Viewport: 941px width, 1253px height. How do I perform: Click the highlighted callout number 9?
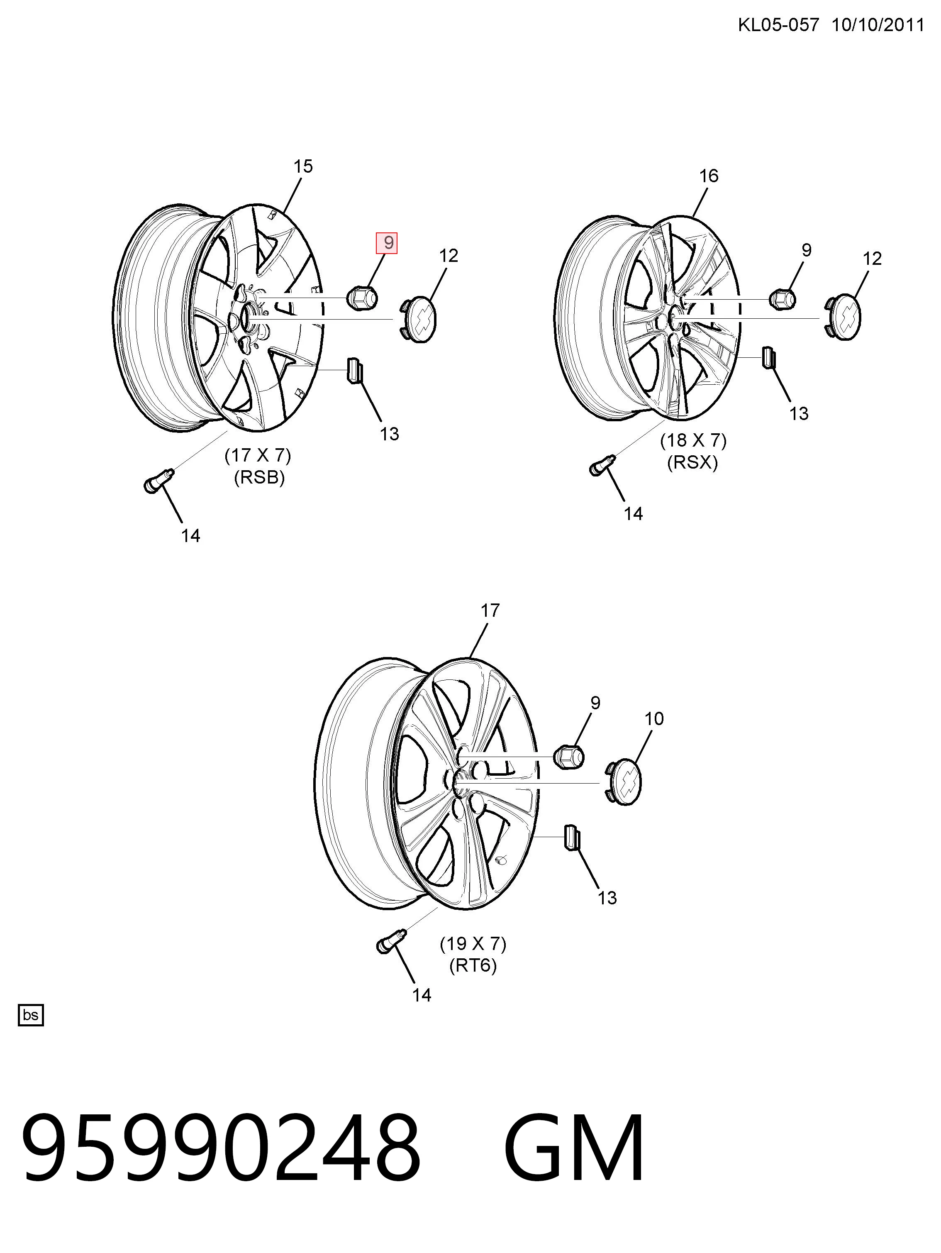[x=388, y=243]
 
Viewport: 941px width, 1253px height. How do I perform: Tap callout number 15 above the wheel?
[x=303, y=166]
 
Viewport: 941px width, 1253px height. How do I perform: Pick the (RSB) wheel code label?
[x=259, y=478]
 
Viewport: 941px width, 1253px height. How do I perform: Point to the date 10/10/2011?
[x=878, y=25]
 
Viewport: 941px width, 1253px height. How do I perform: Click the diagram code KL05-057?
[x=778, y=25]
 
